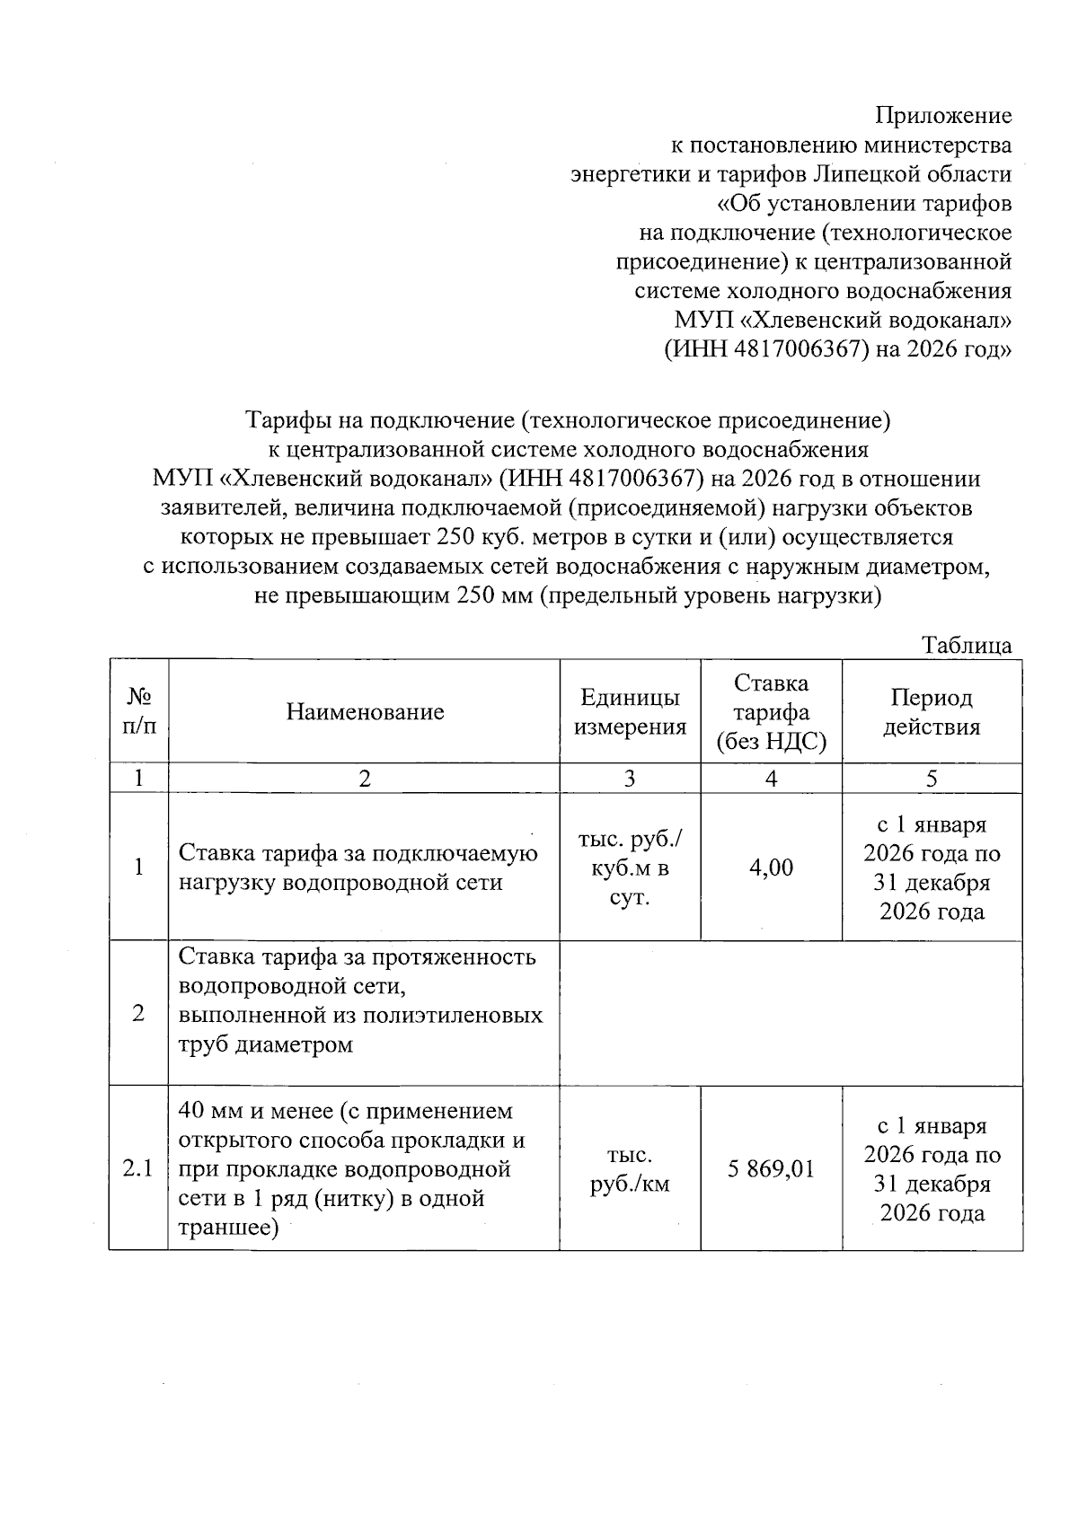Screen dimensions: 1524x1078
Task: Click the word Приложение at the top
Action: coord(943,116)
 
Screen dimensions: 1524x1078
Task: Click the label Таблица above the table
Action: coord(967,645)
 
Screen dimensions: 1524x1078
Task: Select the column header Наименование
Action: coord(365,712)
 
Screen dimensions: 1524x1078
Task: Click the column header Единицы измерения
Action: coord(630,712)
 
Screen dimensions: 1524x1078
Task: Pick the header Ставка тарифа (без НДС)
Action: coord(771,712)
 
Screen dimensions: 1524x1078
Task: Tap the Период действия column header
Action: coord(932,712)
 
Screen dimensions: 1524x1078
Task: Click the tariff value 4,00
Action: coord(771,868)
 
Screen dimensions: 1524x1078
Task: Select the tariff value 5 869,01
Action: coord(771,1168)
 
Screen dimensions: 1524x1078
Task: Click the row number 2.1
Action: coord(138,1168)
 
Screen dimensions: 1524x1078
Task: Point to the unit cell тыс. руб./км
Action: coord(630,1169)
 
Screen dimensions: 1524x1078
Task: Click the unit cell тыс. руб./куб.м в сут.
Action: coord(630,868)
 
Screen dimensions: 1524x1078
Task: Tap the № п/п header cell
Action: coord(138,712)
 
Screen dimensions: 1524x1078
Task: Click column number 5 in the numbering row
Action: coord(932,779)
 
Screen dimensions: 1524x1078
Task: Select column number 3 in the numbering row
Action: coord(630,779)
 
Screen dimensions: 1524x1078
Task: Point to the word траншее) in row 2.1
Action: coord(228,1228)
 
